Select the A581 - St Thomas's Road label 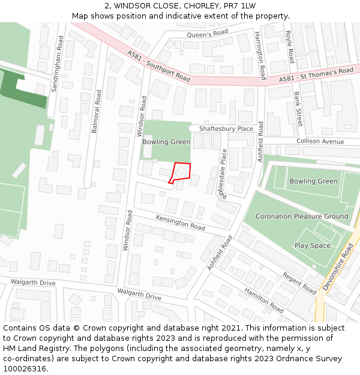tap(316, 75)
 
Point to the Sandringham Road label tap(58, 63)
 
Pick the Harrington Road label tap(260, 55)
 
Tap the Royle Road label tap(289, 47)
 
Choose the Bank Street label tap(298, 109)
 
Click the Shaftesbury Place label tap(226, 128)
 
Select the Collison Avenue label tap(320, 142)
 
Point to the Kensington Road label tap(180, 222)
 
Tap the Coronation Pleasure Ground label tap(302, 216)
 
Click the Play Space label tap(312, 245)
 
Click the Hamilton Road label tap(263, 299)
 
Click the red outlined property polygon tap(181, 172)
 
